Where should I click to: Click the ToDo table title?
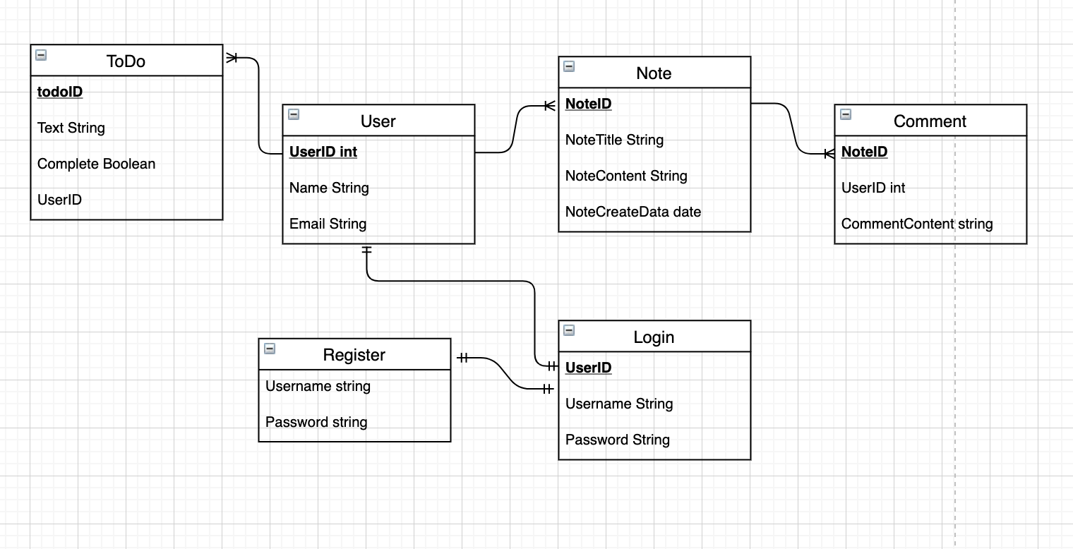tap(126, 61)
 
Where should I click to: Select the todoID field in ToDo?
tap(60, 92)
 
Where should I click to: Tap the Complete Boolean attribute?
tap(96, 164)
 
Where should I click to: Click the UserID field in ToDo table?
tap(59, 200)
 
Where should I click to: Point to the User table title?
tap(378, 121)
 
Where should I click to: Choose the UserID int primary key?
tap(323, 152)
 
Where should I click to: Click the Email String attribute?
tap(328, 224)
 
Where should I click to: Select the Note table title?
tap(654, 73)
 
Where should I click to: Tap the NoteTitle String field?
tap(614, 140)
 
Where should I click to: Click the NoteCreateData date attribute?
tap(633, 212)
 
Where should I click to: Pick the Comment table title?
tap(930, 121)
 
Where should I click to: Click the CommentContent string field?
tap(916, 224)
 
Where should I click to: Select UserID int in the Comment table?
tap(873, 188)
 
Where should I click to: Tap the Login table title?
tap(654, 337)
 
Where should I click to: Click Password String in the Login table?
tap(617, 440)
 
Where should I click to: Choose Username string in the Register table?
tap(318, 386)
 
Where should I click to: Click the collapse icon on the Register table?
tap(269, 349)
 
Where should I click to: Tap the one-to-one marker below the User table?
tap(366, 251)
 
